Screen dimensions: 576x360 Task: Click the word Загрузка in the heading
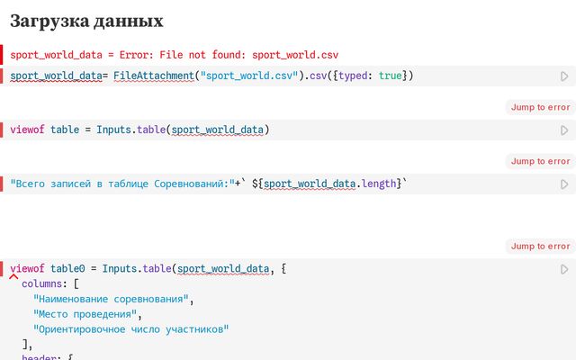tap(50, 22)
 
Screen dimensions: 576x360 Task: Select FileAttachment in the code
tap(154, 76)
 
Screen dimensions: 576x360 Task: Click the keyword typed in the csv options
tap(353, 76)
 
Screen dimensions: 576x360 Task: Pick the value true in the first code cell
tap(390, 76)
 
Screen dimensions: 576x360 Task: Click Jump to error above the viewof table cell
tap(540, 107)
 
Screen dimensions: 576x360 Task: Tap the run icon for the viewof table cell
tap(564, 130)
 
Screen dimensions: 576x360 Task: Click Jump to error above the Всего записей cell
tap(540, 161)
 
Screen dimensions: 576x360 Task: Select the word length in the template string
tap(379, 184)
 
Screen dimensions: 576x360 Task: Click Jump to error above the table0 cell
tap(540, 246)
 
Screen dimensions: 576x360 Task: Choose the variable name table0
tap(67, 268)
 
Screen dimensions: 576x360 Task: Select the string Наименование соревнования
tap(111, 299)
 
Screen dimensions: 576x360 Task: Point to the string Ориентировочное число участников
tap(130, 329)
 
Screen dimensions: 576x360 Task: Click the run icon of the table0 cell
tap(564, 269)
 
